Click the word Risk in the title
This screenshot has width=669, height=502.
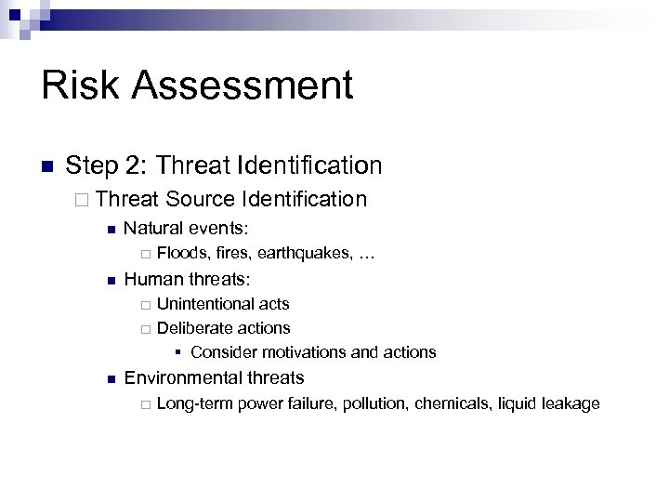pyautogui.click(x=81, y=86)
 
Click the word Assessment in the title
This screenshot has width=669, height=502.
pyautogui.click(x=243, y=86)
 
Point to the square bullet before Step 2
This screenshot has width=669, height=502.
pyautogui.click(x=46, y=167)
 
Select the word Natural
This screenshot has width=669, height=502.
pyautogui.click(x=152, y=227)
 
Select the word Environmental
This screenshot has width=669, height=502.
pyautogui.click(x=182, y=377)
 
